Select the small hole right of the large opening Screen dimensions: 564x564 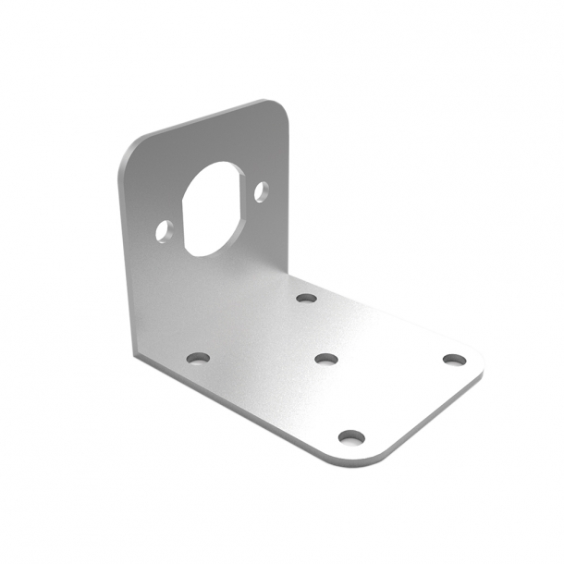click(x=262, y=192)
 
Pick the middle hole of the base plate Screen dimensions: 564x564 click(x=326, y=358)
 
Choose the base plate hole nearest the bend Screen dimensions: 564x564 click(x=306, y=299)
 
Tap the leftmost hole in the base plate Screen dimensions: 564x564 click(x=198, y=357)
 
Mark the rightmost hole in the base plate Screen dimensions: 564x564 click(x=451, y=359)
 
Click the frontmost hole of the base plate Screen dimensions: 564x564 click(x=349, y=436)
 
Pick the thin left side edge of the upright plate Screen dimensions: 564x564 click(x=123, y=259)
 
